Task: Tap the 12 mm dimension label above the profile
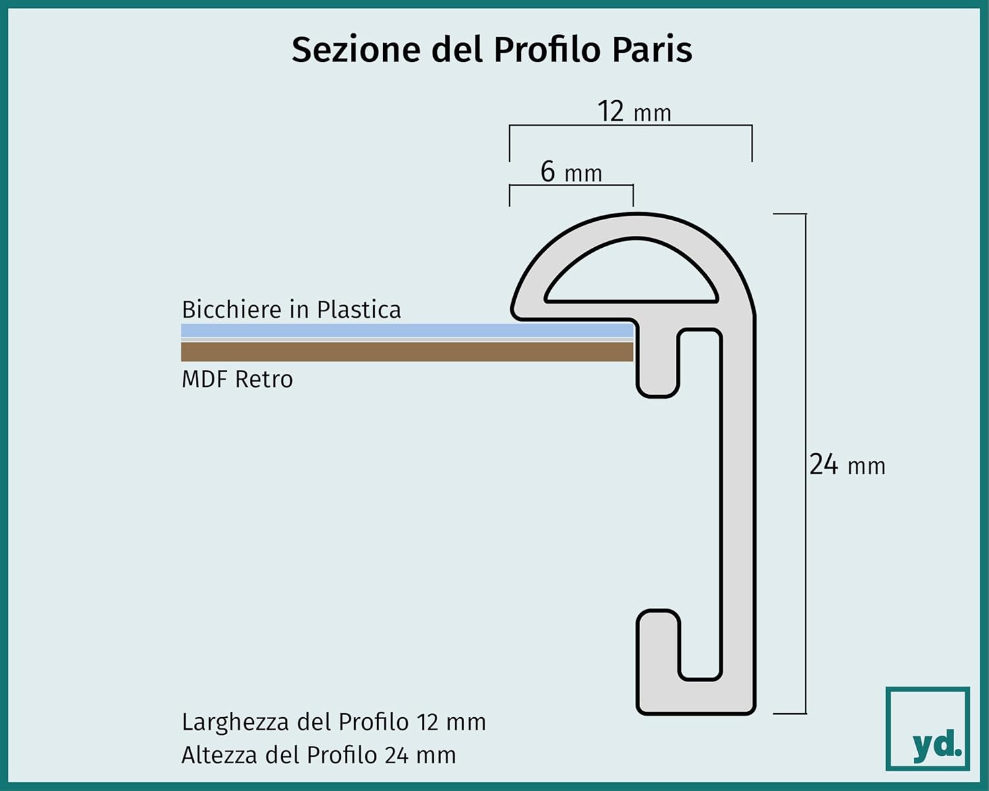(x=634, y=111)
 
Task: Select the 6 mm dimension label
(x=571, y=172)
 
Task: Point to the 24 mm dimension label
(x=847, y=465)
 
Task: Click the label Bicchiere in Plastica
(x=291, y=309)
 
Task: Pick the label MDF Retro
(x=237, y=380)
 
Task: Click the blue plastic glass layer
(x=407, y=330)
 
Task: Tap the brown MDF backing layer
(x=407, y=351)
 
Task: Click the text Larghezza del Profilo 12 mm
(x=334, y=722)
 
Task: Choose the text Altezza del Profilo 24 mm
(x=318, y=755)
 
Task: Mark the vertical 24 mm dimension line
(x=806, y=464)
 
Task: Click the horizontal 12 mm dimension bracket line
(x=630, y=125)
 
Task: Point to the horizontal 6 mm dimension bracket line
(x=571, y=185)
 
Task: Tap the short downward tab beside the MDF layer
(x=657, y=368)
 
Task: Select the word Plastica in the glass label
(x=359, y=309)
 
